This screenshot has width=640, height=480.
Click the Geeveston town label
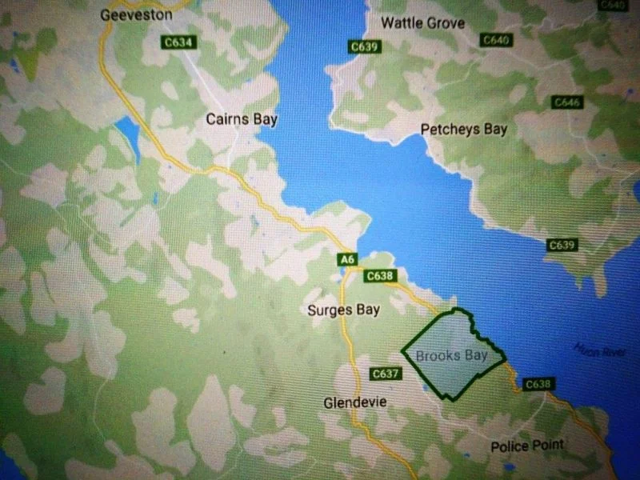(x=137, y=14)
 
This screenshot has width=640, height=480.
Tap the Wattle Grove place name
(x=422, y=22)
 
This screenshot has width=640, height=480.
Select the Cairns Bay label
(x=242, y=119)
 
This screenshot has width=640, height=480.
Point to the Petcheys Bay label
(x=464, y=129)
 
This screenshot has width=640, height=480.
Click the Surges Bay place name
(x=343, y=310)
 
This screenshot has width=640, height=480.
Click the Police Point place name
(x=527, y=446)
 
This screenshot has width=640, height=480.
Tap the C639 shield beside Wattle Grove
(x=364, y=47)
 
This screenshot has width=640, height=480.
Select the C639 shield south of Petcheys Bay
(x=562, y=245)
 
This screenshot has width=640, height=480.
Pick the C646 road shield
(x=566, y=102)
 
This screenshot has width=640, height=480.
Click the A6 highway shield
(x=346, y=259)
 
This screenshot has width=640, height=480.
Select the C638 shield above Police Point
(x=538, y=385)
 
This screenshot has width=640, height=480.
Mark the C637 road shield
(x=386, y=374)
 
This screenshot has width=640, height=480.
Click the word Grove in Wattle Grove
(x=445, y=22)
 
